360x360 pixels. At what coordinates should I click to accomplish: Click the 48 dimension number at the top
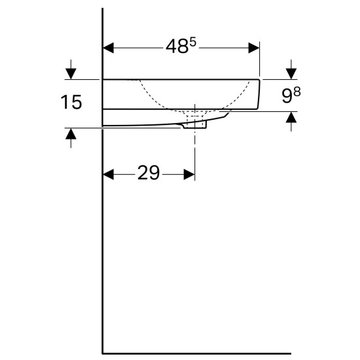pyautogui.click(x=177, y=46)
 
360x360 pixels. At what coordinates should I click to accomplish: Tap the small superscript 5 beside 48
pyautogui.click(x=193, y=43)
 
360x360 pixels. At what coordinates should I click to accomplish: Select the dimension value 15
pyautogui.click(x=71, y=102)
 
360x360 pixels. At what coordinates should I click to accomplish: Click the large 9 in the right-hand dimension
pyautogui.click(x=287, y=96)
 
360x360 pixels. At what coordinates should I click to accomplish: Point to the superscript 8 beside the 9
pyautogui.click(x=297, y=92)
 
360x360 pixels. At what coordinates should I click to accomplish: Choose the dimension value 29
pyautogui.click(x=149, y=173)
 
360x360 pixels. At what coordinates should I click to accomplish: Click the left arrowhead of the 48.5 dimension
pyautogui.click(x=109, y=48)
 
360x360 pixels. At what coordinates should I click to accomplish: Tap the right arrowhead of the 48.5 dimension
pyautogui.click(x=254, y=48)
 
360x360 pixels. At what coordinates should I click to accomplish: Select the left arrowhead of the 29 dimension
pyautogui.click(x=109, y=175)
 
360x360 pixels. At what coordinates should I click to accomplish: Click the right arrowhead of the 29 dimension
pyautogui.click(x=189, y=175)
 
